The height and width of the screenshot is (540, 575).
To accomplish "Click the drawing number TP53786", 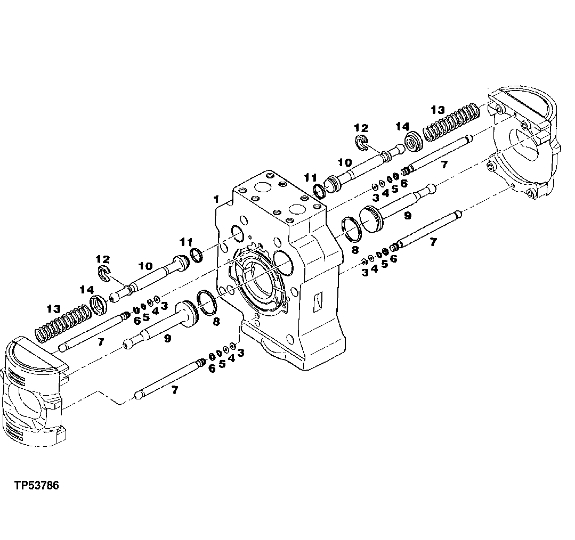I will (x=37, y=486).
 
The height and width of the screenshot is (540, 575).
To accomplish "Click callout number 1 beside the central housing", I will (x=216, y=199).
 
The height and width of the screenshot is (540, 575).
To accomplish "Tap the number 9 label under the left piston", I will (x=167, y=338).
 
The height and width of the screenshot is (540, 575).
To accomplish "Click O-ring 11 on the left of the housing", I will (x=196, y=255).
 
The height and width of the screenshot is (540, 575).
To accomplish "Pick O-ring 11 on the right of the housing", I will (x=319, y=191).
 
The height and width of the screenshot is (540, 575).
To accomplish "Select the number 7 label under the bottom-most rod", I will (x=174, y=390).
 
